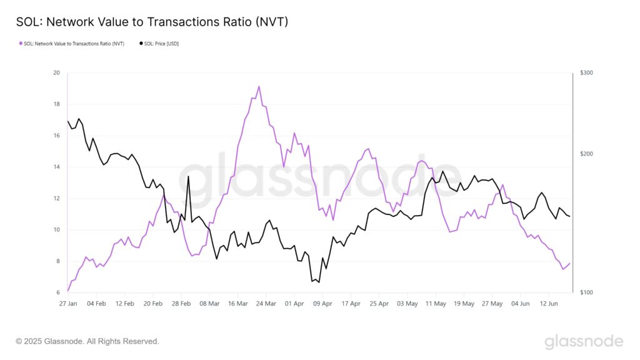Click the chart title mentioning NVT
point(152,22)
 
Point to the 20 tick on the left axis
point(56,73)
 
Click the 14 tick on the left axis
point(56,167)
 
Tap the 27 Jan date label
point(67,304)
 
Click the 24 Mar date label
point(266,304)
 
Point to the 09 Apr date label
point(323,304)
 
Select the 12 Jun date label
point(549,304)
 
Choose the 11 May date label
point(436,304)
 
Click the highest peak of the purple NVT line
point(259,86)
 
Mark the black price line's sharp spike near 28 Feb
point(189,176)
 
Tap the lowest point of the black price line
point(319,282)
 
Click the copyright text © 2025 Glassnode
point(87,341)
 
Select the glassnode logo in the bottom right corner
point(584,341)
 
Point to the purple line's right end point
point(570,263)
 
